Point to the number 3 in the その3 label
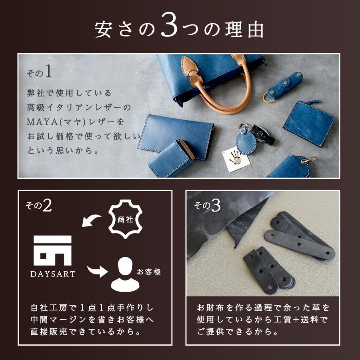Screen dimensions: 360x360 click(x=216, y=206)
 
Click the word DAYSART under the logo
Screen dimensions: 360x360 click(x=52, y=275)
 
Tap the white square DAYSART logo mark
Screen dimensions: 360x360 click(x=52, y=250)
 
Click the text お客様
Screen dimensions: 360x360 click(x=148, y=272)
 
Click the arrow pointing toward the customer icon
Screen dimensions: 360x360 click(x=97, y=271)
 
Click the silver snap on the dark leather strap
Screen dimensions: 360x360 click(x=272, y=286)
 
